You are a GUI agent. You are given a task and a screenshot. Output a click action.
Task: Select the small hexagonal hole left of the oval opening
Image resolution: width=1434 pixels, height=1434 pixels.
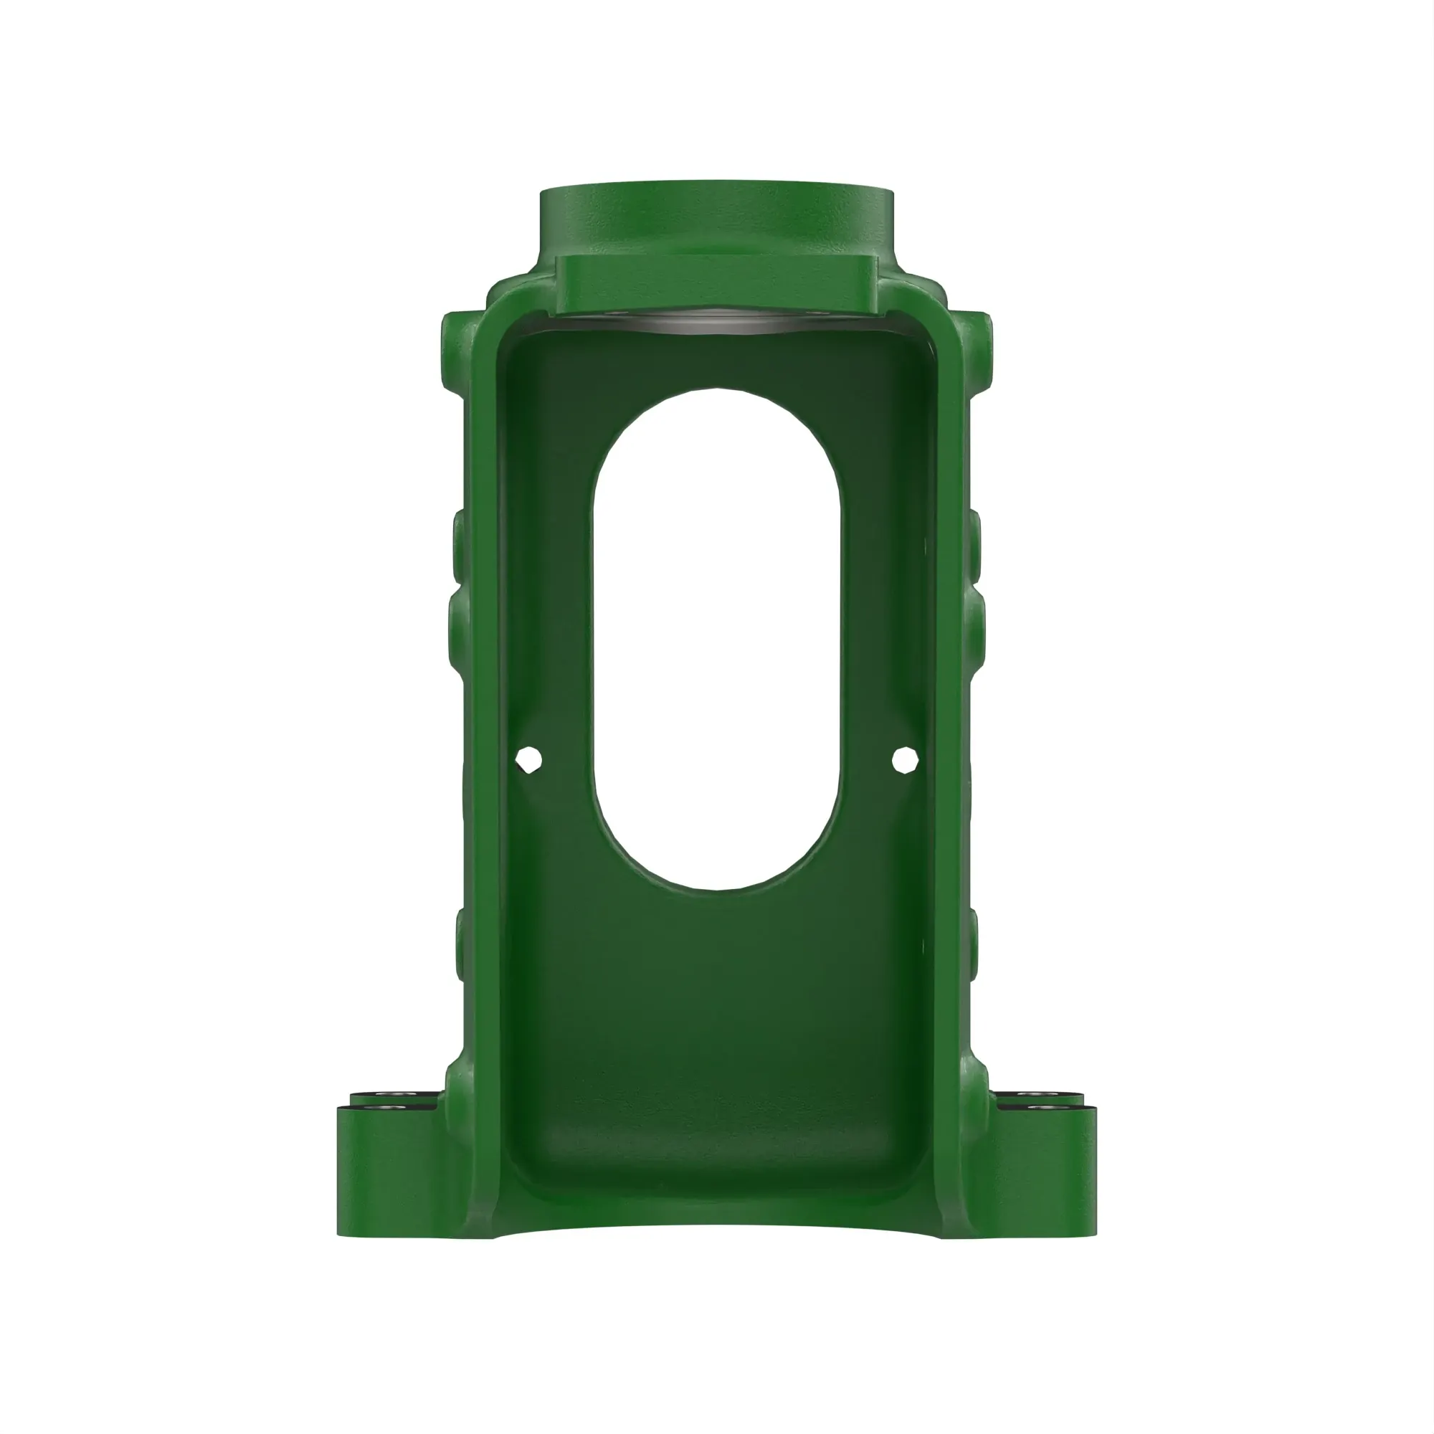pos(528,759)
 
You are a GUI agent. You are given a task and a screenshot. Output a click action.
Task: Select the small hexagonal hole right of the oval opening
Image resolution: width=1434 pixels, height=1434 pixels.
pos(903,759)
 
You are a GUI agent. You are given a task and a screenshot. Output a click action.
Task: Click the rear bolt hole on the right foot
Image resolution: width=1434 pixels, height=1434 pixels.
pos(1035,1094)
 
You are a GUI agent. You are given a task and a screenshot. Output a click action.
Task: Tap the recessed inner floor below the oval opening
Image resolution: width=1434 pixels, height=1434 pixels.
pos(717,1039)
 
